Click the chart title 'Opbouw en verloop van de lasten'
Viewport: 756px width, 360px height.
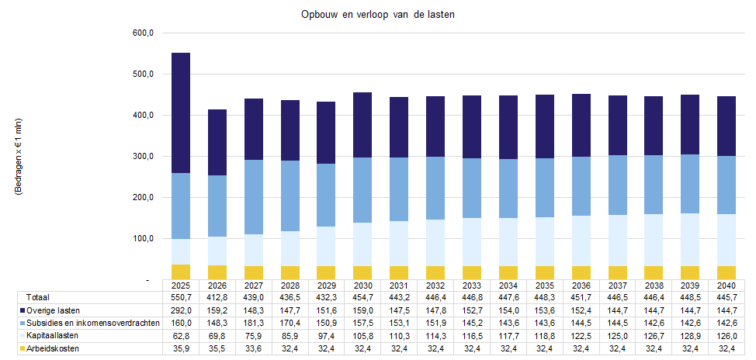tap(379, 15)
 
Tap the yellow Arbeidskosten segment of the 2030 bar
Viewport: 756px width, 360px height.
tap(362, 272)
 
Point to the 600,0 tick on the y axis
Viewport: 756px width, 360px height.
tap(145, 33)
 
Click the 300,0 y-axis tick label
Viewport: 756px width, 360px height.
tap(145, 156)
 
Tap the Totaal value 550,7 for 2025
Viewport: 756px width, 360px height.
tap(180, 297)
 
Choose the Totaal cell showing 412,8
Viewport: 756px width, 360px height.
tap(217, 297)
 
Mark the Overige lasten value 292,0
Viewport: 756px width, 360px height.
tap(180, 310)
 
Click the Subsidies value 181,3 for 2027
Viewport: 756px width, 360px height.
tap(253, 323)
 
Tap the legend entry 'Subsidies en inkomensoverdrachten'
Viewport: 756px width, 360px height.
tap(92, 323)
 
